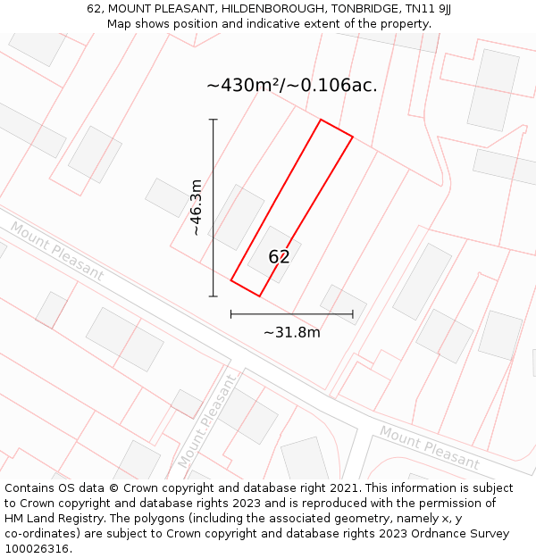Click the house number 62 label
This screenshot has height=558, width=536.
click(279, 257)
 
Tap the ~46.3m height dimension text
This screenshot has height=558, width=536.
click(197, 207)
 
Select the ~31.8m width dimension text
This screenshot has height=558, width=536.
click(291, 333)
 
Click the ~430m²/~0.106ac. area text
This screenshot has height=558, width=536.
click(292, 86)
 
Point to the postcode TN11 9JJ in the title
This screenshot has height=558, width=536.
click(421, 9)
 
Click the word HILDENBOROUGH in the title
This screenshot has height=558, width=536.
click(262, 9)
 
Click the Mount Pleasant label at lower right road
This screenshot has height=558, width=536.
click(430, 447)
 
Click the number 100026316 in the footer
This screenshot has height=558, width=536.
click(37, 548)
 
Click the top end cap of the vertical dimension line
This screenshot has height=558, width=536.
click(213, 120)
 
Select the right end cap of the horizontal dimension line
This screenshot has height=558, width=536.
click(353, 314)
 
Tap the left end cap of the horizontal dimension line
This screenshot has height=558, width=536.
click(231, 314)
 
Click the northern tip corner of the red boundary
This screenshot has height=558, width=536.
click(321, 120)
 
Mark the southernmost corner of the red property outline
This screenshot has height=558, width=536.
click(259, 296)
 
